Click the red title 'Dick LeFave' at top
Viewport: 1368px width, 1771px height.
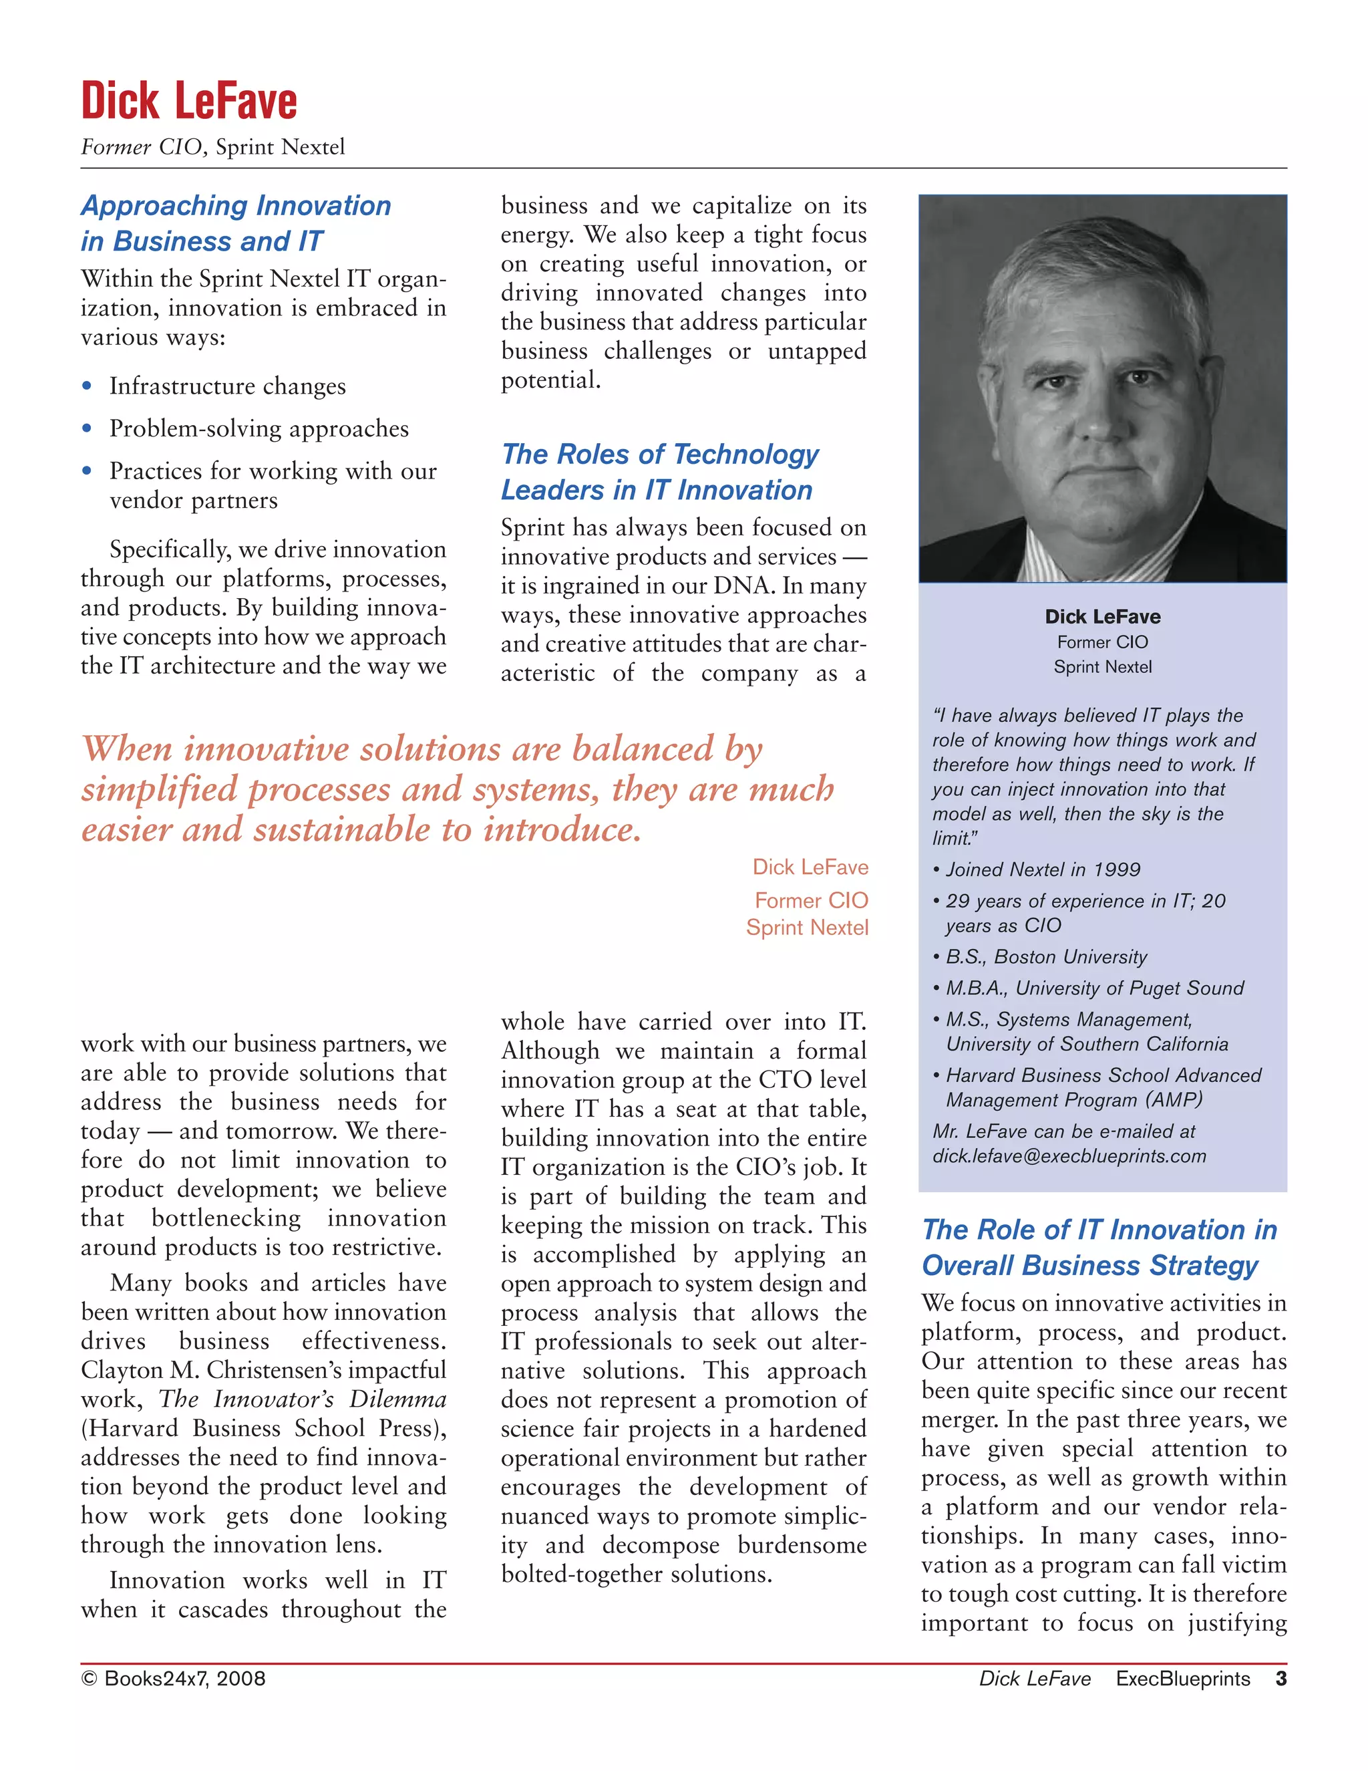point(189,102)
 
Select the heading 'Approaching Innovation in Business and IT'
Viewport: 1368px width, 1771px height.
point(235,223)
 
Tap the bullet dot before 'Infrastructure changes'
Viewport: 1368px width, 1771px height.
point(87,386)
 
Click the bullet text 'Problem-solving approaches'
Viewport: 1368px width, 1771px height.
point(259,428)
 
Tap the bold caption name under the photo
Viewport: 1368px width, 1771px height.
point(1102,616)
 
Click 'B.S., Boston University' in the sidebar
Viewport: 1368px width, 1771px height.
point(1045,957)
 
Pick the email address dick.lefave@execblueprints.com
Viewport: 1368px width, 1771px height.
point(1069,1155)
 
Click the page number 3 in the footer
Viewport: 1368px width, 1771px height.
point(1280,1679)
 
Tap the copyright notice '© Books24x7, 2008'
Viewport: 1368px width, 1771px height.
point(174,1679)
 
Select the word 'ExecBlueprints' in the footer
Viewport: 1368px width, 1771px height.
point(1182,1679)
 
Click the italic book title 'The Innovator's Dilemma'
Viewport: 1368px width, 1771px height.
point(303,1399)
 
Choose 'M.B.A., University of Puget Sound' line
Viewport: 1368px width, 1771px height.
point(1094,988)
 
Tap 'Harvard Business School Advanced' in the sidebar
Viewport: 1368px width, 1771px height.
point(1103,1075)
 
